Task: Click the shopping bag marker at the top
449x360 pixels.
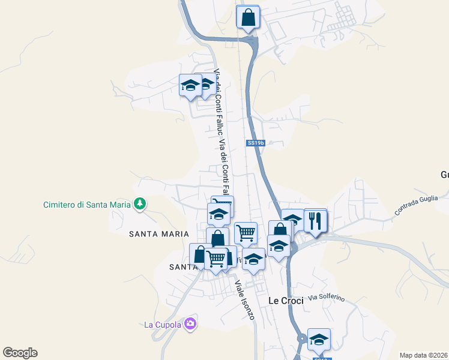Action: [x=248, y=17]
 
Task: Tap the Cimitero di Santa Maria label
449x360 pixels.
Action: [x=86, y=205]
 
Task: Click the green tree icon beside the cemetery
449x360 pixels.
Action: [x=140, y=204]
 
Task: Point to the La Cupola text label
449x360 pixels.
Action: [x=163, y=325]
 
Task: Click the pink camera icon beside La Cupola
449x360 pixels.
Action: [x=190, y=324]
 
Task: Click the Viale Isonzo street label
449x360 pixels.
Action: [x=244, y=300]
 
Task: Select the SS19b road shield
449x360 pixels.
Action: [x=256, y=143]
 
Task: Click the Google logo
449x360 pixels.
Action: [x=20, y=353]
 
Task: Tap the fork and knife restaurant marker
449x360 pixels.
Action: [x=315, y=221]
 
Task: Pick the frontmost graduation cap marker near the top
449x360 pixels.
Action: [x=190, y=86]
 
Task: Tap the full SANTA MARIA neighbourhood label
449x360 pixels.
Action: [x=158, y=234]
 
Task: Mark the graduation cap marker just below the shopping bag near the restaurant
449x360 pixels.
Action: [x=279, y=247]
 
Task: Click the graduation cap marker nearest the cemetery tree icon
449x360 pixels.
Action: [x=218, y=215]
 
